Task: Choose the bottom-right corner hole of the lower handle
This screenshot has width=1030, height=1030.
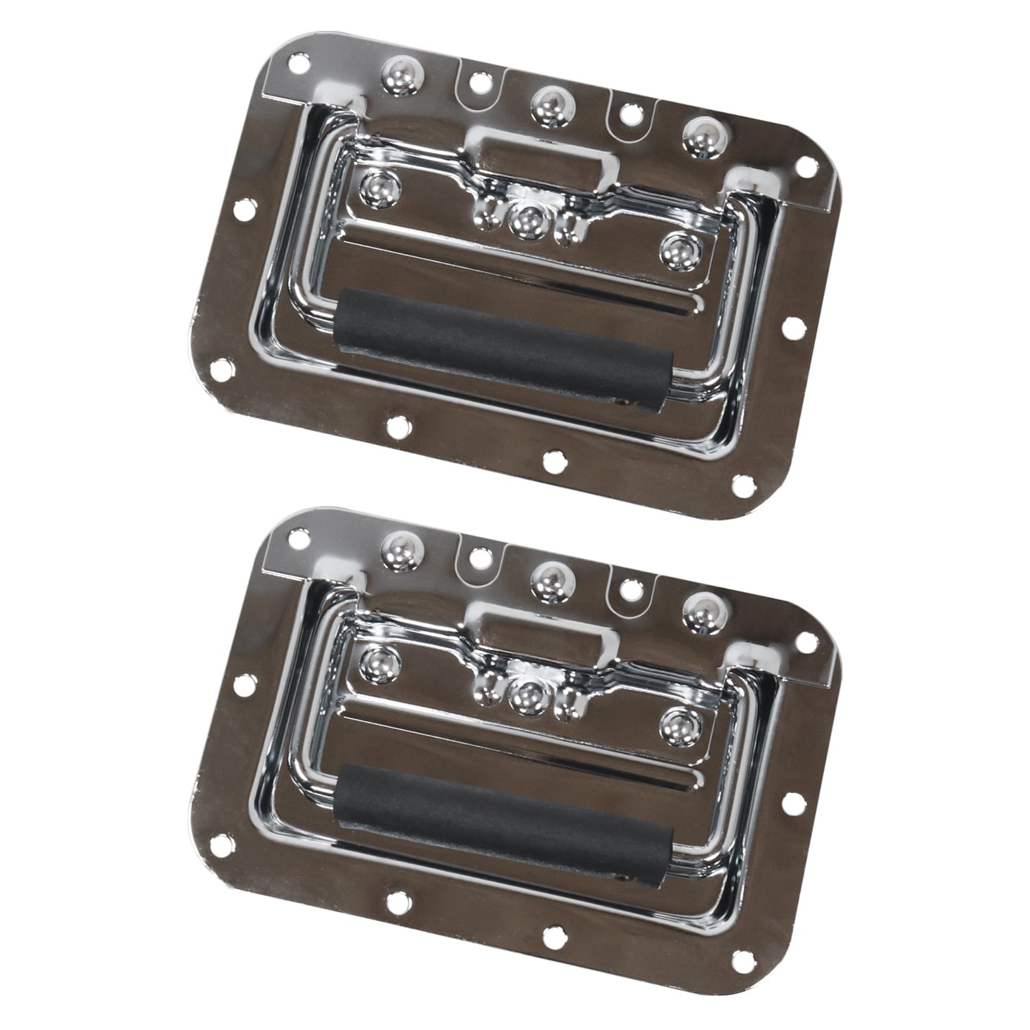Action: [x=741, y=958]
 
